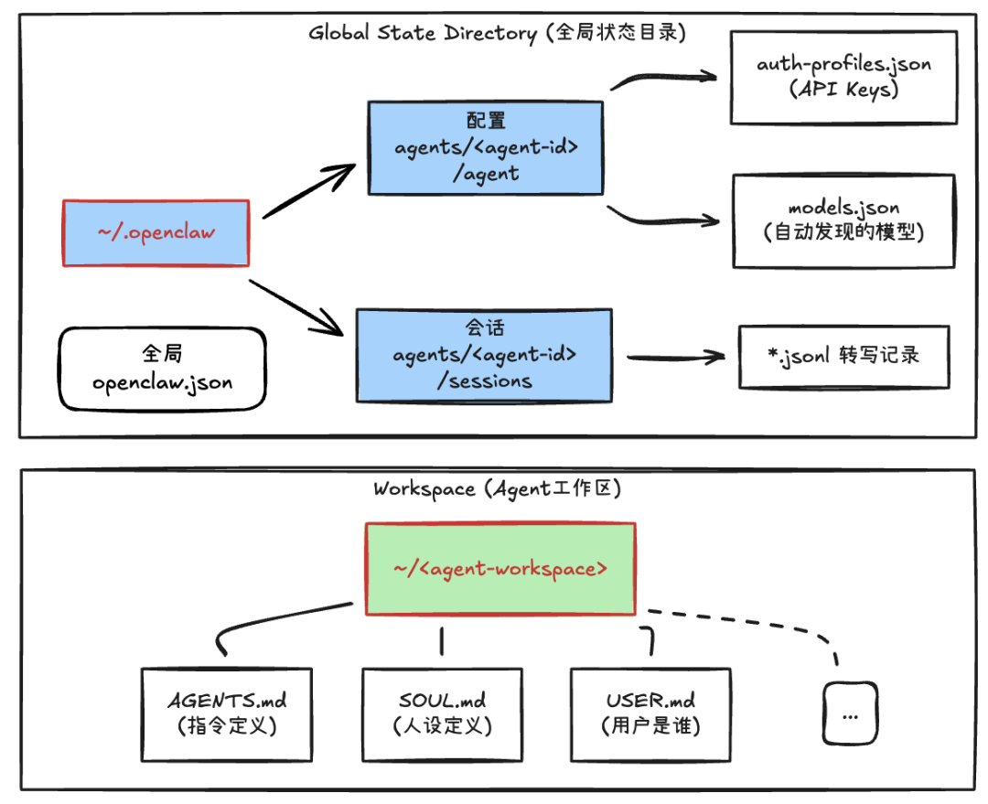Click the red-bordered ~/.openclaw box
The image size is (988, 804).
156,233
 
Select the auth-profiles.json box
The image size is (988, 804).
843,77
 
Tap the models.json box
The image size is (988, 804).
843,220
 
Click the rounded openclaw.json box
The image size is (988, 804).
162,369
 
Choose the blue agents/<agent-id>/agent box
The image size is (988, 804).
485,147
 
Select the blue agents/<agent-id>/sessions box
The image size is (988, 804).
485,355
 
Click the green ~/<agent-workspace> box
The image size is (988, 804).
499,568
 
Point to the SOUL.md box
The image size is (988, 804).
443,713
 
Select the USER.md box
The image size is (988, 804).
650,713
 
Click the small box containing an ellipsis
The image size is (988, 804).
850,714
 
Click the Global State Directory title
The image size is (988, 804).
498,34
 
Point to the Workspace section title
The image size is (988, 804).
498,488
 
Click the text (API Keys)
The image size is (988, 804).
843,90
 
